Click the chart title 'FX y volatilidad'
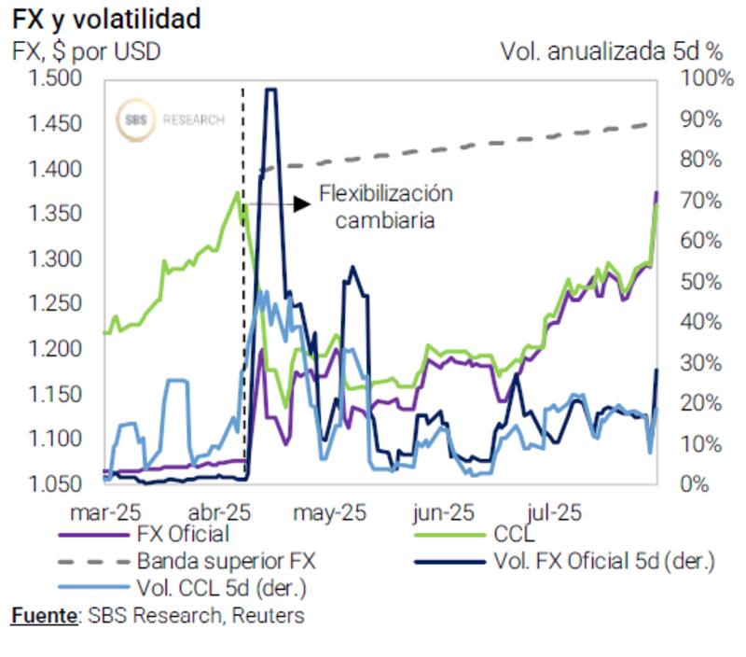[106, 19]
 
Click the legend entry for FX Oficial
[183, 535]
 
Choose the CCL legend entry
[508, 535]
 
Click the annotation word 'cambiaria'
[386, 221]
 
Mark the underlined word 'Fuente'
[42, 616]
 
